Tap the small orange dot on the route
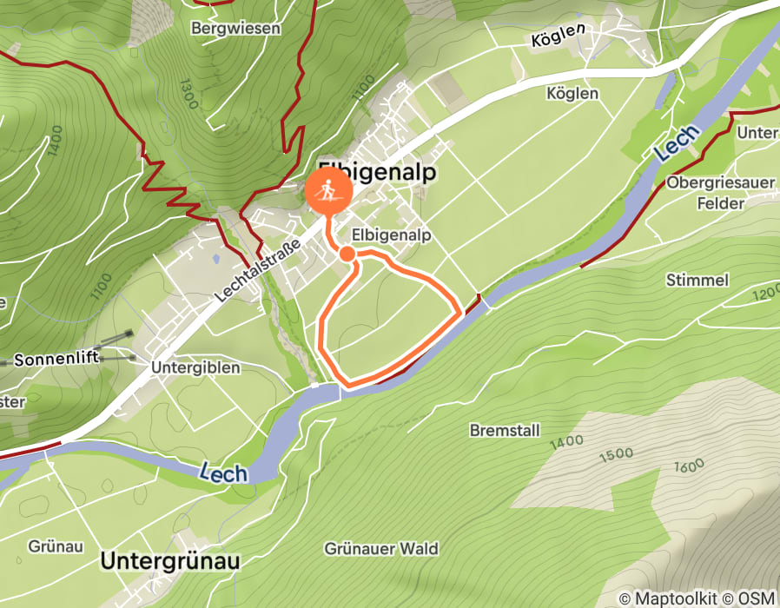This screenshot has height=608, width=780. tap(347, 254)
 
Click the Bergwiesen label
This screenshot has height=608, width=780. tap(235, 29)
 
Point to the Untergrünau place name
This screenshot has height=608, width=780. tap(169, 561)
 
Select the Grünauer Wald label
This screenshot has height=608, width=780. tap(381, 549)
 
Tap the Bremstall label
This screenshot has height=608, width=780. tap(505, 430)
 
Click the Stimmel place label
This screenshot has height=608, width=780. tap(697, 281)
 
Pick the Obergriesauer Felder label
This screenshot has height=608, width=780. tap(707, 193)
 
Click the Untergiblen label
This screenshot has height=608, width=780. tap(195, 367)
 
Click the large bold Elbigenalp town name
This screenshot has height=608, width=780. tap(377, 171)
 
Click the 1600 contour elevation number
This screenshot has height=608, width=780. tap(688, 466)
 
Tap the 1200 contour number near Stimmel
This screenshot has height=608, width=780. tap(766, 294)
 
